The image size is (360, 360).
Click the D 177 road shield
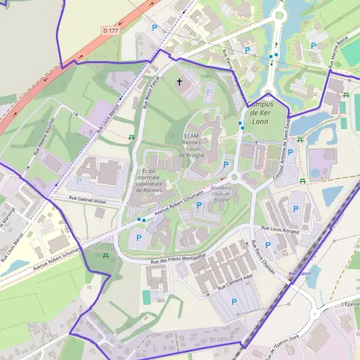[110, 29]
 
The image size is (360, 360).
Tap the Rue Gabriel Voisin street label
[87, 200]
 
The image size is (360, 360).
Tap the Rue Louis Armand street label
[281, 229]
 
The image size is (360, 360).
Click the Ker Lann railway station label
[299, 274]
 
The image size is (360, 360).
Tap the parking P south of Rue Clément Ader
[234, 301]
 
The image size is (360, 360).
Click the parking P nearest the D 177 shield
[154, 28]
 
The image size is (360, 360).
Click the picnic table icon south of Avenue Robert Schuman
[106, 256]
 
